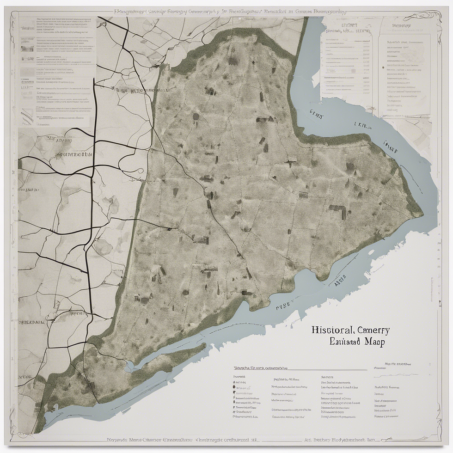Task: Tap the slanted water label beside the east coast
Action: pos(391,147)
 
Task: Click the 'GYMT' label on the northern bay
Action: pos(317,112)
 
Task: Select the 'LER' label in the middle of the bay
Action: pos(363,125)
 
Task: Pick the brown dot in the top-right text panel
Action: pos(383,67)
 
